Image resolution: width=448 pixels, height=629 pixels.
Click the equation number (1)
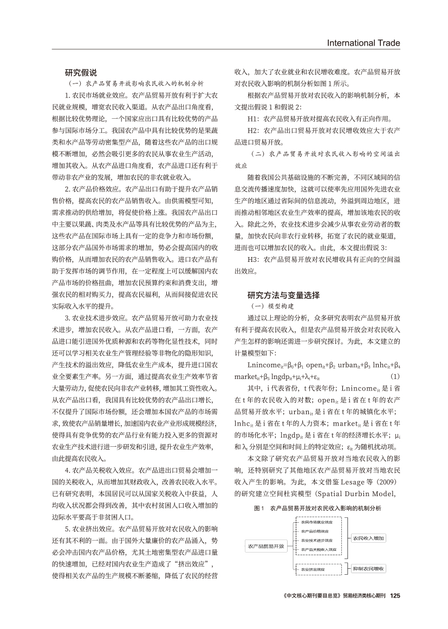pos(395,376)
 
